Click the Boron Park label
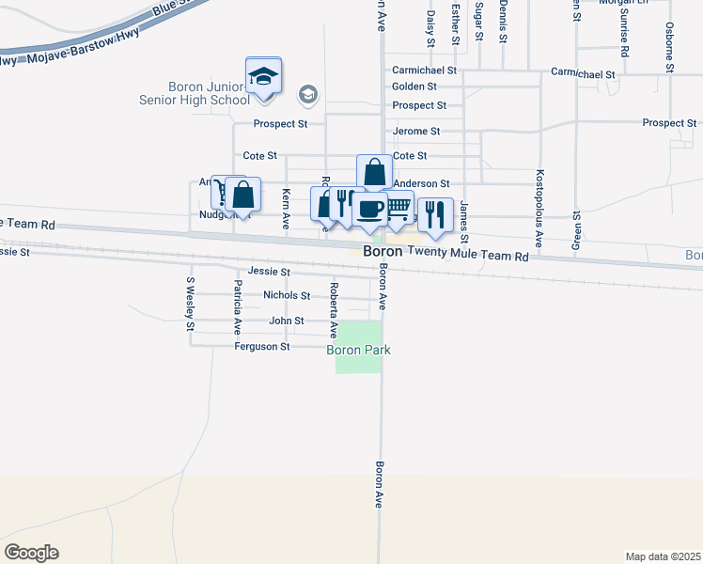358,351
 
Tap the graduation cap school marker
264,77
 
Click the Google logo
31,552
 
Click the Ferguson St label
262,347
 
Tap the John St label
287,321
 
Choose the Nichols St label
287,295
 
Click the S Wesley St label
190,304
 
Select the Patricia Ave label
238,307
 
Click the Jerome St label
416,132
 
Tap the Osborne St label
669,47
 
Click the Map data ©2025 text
663,556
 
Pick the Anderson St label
422,184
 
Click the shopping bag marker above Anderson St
374,173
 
